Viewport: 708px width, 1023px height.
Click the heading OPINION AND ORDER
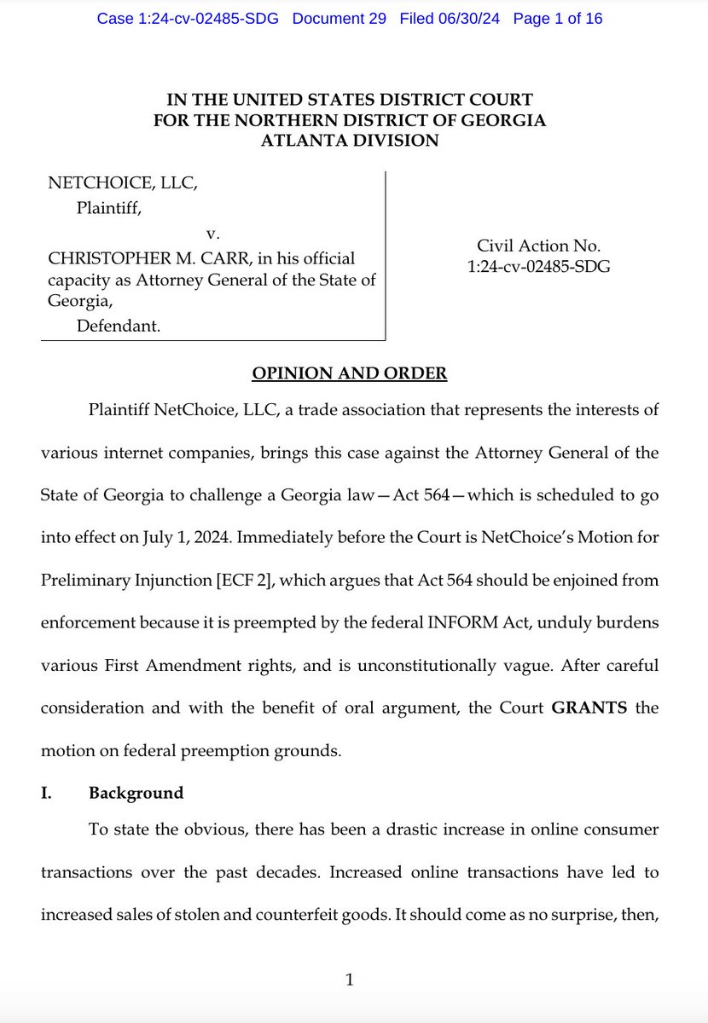click(350, 373)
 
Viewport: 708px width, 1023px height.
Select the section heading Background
click(136, 793)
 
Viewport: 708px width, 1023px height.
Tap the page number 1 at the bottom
click(349, 980)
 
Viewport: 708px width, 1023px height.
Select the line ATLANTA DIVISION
click(350, 141)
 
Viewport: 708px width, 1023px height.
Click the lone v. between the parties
click(210, 233)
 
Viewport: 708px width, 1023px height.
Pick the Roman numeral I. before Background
click(48, 793)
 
